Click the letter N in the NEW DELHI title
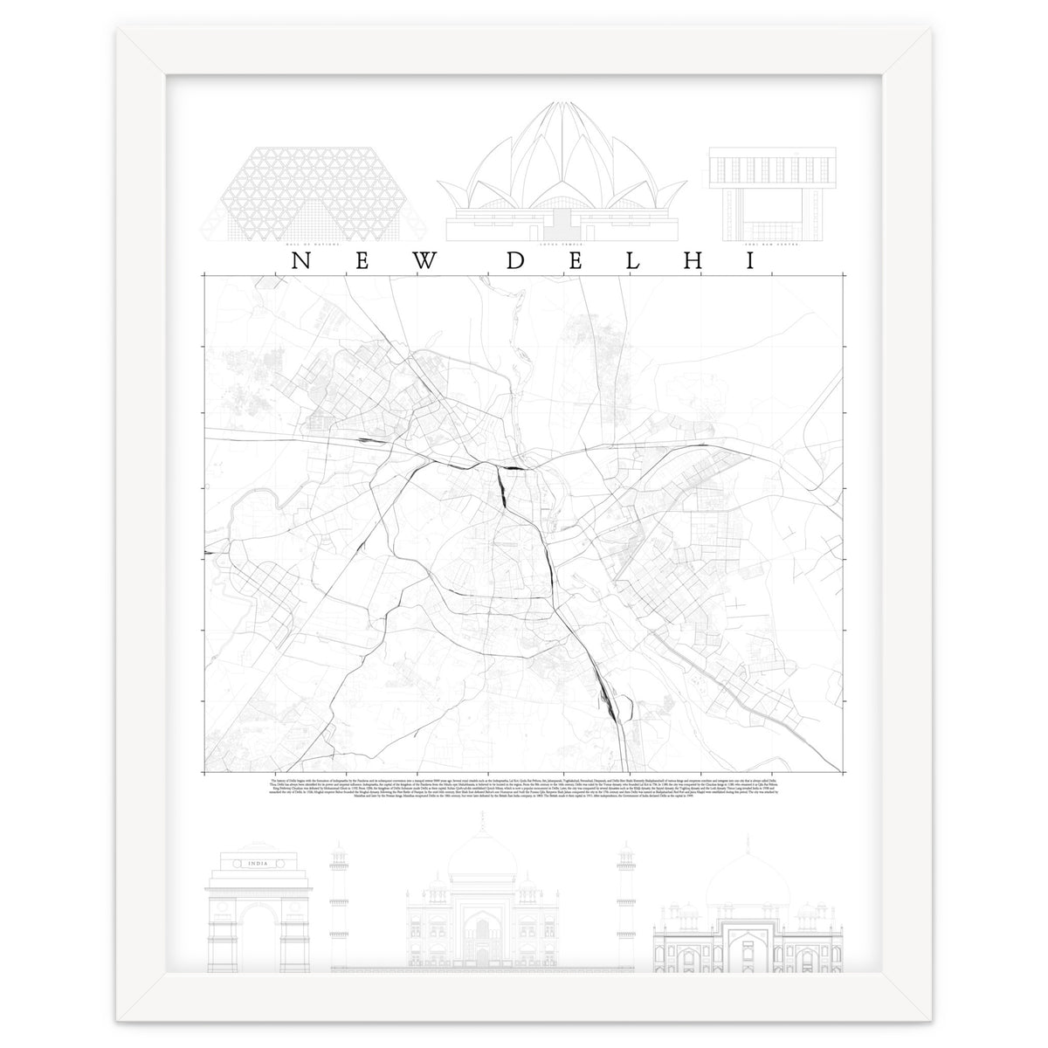[298, 261]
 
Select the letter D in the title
[517, 261]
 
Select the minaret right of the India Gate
[339, 900]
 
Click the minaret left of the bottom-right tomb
[625, 900]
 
